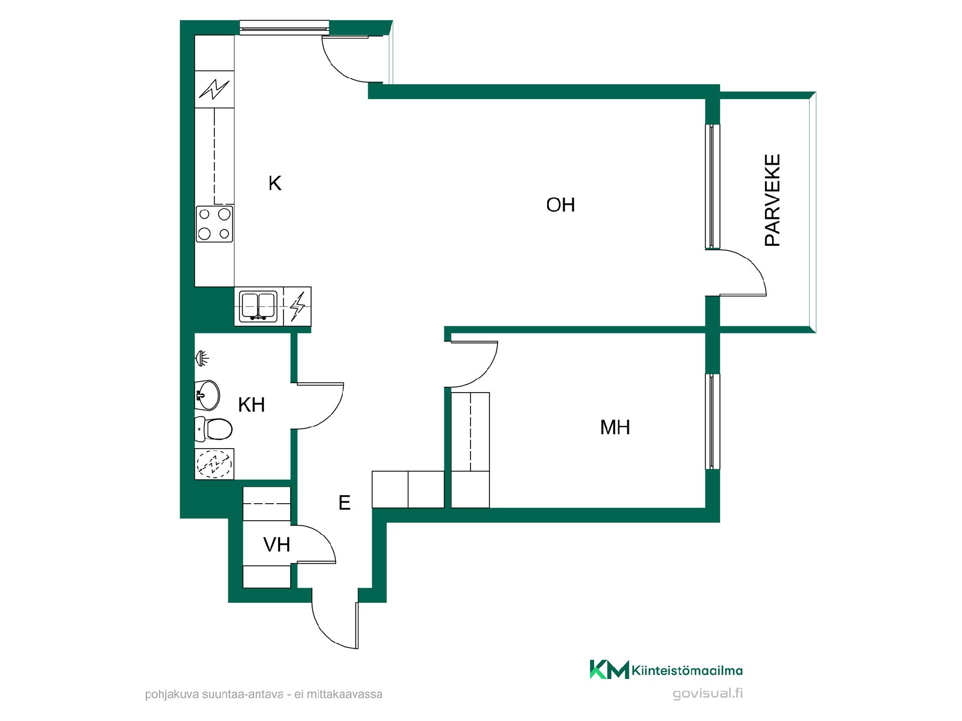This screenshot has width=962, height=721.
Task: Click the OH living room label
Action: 560,205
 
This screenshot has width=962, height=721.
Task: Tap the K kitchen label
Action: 275,183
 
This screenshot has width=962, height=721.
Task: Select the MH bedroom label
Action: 615,427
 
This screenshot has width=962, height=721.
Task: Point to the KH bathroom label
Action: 251,405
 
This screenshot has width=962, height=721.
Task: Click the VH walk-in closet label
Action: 277,544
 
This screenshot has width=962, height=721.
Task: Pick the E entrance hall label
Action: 344,502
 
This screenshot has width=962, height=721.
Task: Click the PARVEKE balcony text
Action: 772,200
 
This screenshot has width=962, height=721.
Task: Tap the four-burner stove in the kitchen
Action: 214,224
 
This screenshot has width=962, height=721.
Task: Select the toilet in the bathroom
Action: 213,429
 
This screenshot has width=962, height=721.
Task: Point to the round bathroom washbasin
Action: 207,395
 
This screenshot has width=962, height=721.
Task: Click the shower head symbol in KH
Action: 201,358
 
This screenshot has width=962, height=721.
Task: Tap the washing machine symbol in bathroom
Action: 214,464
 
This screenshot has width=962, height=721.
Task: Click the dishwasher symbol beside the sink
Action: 298,306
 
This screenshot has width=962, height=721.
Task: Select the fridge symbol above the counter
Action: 214,89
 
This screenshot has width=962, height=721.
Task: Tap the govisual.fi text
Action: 707,693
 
